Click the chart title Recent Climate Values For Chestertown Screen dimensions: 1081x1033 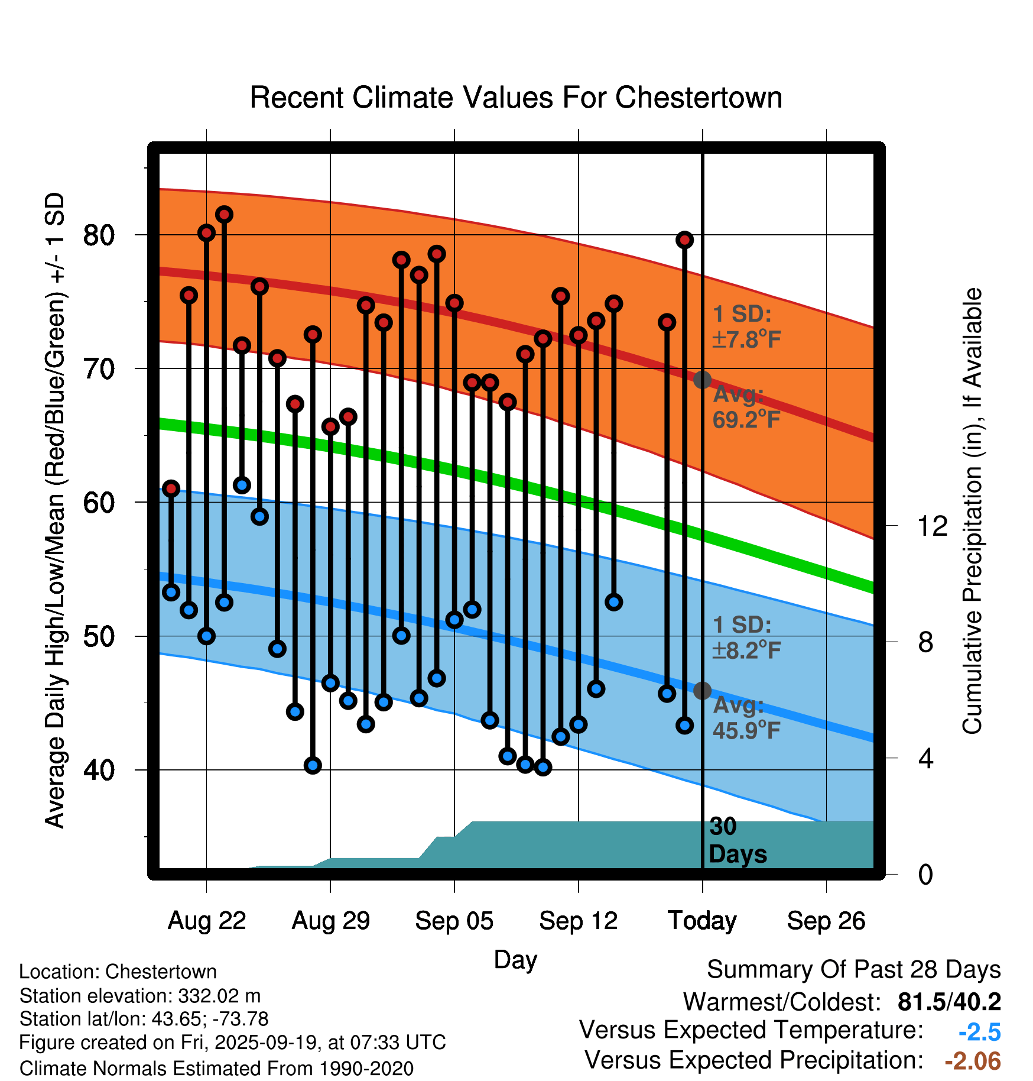pos(516,98)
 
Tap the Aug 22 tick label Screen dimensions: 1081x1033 pos(207,921)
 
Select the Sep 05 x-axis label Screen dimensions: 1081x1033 pos(454,921)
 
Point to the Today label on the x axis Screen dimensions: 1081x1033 pos(702,921)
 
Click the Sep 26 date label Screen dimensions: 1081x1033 pos(826,921)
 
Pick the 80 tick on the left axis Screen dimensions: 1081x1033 pos(99,235)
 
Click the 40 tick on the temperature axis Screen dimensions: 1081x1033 pos(99,770)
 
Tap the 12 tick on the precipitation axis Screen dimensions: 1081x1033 pos(933,526)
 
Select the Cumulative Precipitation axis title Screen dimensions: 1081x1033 pos(972,512)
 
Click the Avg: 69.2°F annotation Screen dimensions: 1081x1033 pos(746,407)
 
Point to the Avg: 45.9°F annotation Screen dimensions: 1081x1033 pos(746,718)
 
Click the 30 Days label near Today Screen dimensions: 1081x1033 pos(737,840)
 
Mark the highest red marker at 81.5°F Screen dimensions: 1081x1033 pos(224,214)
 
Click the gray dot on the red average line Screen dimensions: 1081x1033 pos(702,380)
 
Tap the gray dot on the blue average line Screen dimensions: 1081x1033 pos(702,690)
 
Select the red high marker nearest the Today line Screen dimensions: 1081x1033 pos(684,240)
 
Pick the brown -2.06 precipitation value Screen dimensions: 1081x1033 pos(973,1061)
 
